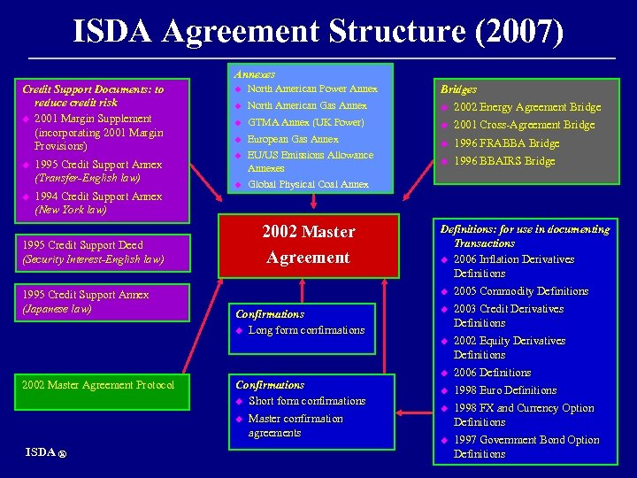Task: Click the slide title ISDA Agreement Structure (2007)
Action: click(318, 32)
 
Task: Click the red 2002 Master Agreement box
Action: click(308, 245)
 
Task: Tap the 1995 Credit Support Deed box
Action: click(95, 252)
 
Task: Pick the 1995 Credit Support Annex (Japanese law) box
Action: click(95, 302)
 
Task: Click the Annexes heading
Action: click(255, 74)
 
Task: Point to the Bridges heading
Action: click(458, 89)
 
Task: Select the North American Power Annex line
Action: click(312, 89)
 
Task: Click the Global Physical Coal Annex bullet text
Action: click(308, 184)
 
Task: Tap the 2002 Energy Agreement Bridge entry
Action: click(526, 107)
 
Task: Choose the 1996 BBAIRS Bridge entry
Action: click(503, 161)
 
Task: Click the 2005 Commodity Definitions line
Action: click(520, 291)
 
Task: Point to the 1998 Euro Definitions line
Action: click(504, 390)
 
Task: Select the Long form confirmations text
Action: click(306, 330)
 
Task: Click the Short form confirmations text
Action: click(307, 401)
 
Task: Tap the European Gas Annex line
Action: click(293, 139)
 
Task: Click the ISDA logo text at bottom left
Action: click(42, 452)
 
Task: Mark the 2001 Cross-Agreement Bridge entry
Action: click(524, 125)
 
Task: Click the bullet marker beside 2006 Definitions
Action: click(444, 373)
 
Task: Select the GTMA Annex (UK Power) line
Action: click(305, 122)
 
